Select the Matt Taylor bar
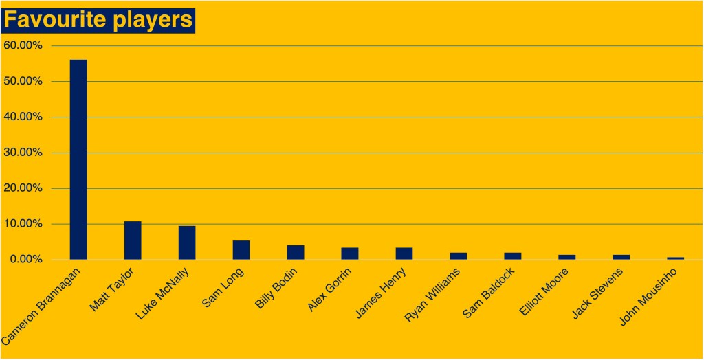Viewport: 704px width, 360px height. [x=133, y=240]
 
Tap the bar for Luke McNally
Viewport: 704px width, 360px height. [x=187, y=243]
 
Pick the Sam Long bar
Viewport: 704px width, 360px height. [x=241, y=250]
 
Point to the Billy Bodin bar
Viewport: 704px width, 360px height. [x=296, y=252]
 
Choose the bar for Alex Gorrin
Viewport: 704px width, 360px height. [x=350, y=254]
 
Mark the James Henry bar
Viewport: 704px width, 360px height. [x=404, y=254]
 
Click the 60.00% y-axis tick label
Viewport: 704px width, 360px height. [x=23, y=45]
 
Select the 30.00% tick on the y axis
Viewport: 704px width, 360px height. [x=23, y=153]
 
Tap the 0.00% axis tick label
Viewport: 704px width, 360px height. [x=26, y=260]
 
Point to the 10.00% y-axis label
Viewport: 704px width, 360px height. [x=23, y=224]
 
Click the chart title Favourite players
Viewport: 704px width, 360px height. [x=98, y=20]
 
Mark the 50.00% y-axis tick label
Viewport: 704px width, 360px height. [x=23, y=81]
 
